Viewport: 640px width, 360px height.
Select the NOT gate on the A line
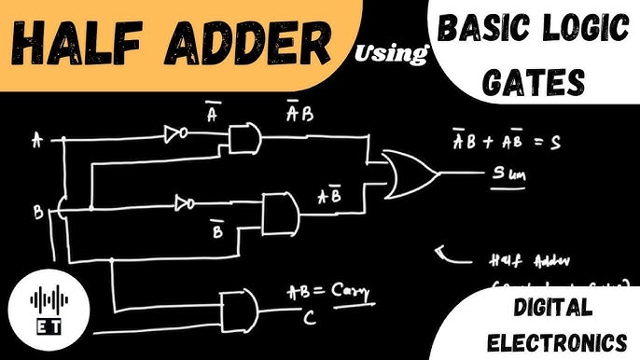tap(174, 136)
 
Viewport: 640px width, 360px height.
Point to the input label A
tap(37, 141)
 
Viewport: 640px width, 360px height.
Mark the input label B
tap(38, 214)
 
